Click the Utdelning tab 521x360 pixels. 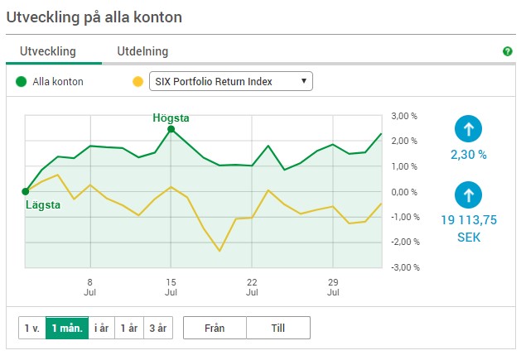coord(142,51)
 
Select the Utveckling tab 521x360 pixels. coord(48,51)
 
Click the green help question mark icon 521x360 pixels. coord(508,51)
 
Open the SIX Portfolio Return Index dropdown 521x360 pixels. coord(231,81)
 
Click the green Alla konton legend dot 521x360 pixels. coord(21,81)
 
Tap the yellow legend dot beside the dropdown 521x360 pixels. coord(137,81)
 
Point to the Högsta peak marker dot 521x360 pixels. coord(171,129)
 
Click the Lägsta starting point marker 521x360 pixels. coord(26,192)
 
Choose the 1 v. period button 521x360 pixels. coord(32,328)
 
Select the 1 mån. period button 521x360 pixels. coord(67,328)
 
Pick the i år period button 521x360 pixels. coord(101,328)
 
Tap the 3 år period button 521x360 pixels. coord(158,328)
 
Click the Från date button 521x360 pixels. coord(215,328)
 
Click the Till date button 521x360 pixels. coord(278,328)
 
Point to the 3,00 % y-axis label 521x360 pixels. coord(404,116)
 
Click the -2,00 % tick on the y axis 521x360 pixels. coord(405,242)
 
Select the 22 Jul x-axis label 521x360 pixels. coord(252,287)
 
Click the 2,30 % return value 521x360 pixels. coord(469,155)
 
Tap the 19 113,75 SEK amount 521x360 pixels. coord(469,228)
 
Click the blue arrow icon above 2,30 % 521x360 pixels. coord(468,129)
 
